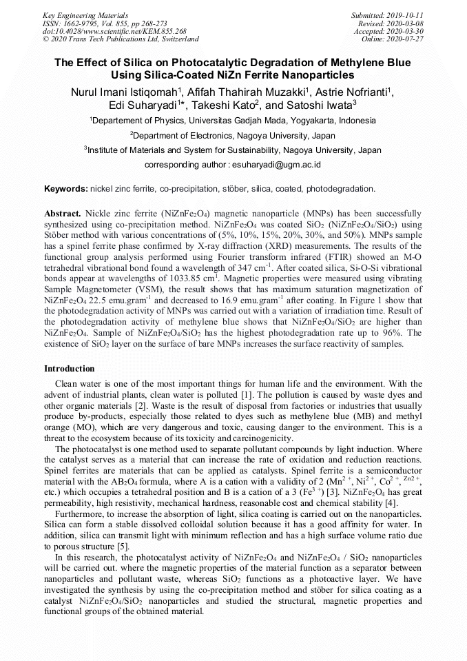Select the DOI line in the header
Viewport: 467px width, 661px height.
click(114, 31)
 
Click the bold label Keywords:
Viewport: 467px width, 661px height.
click(65, 188)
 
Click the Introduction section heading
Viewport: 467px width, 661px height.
click(70, 369)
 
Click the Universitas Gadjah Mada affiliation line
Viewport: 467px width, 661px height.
click(233, 120)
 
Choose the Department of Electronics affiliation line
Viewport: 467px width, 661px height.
click(233, 135)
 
